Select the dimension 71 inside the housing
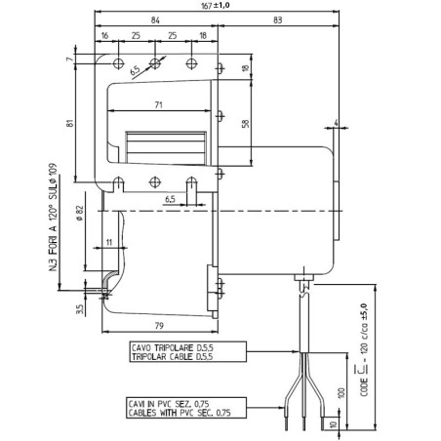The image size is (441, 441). point(157,103)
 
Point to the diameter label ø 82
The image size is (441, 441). point(80,214)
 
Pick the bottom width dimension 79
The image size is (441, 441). point(159,325)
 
